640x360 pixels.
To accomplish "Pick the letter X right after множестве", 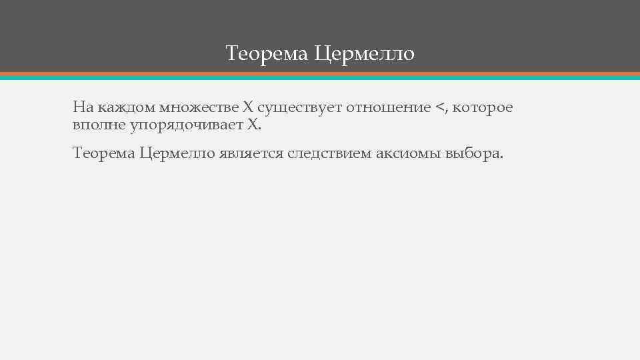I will (x=247, y=107).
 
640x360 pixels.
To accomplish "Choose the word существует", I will (x=297, y=107).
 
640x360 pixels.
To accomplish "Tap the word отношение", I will (x=387, y=107).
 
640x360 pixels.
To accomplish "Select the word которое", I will (x=483, y=107).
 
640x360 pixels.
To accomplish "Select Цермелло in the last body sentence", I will (x=178, y=153).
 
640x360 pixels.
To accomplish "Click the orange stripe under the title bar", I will (x=320, y=73).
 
